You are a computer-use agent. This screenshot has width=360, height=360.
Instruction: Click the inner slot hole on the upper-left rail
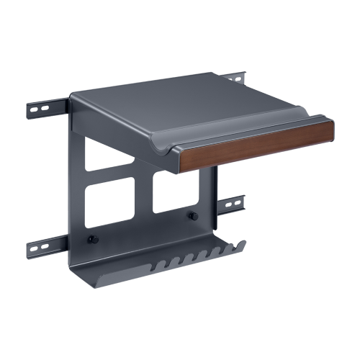point(45,109)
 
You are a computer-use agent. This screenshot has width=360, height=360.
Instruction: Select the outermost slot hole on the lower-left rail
point(35,249)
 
